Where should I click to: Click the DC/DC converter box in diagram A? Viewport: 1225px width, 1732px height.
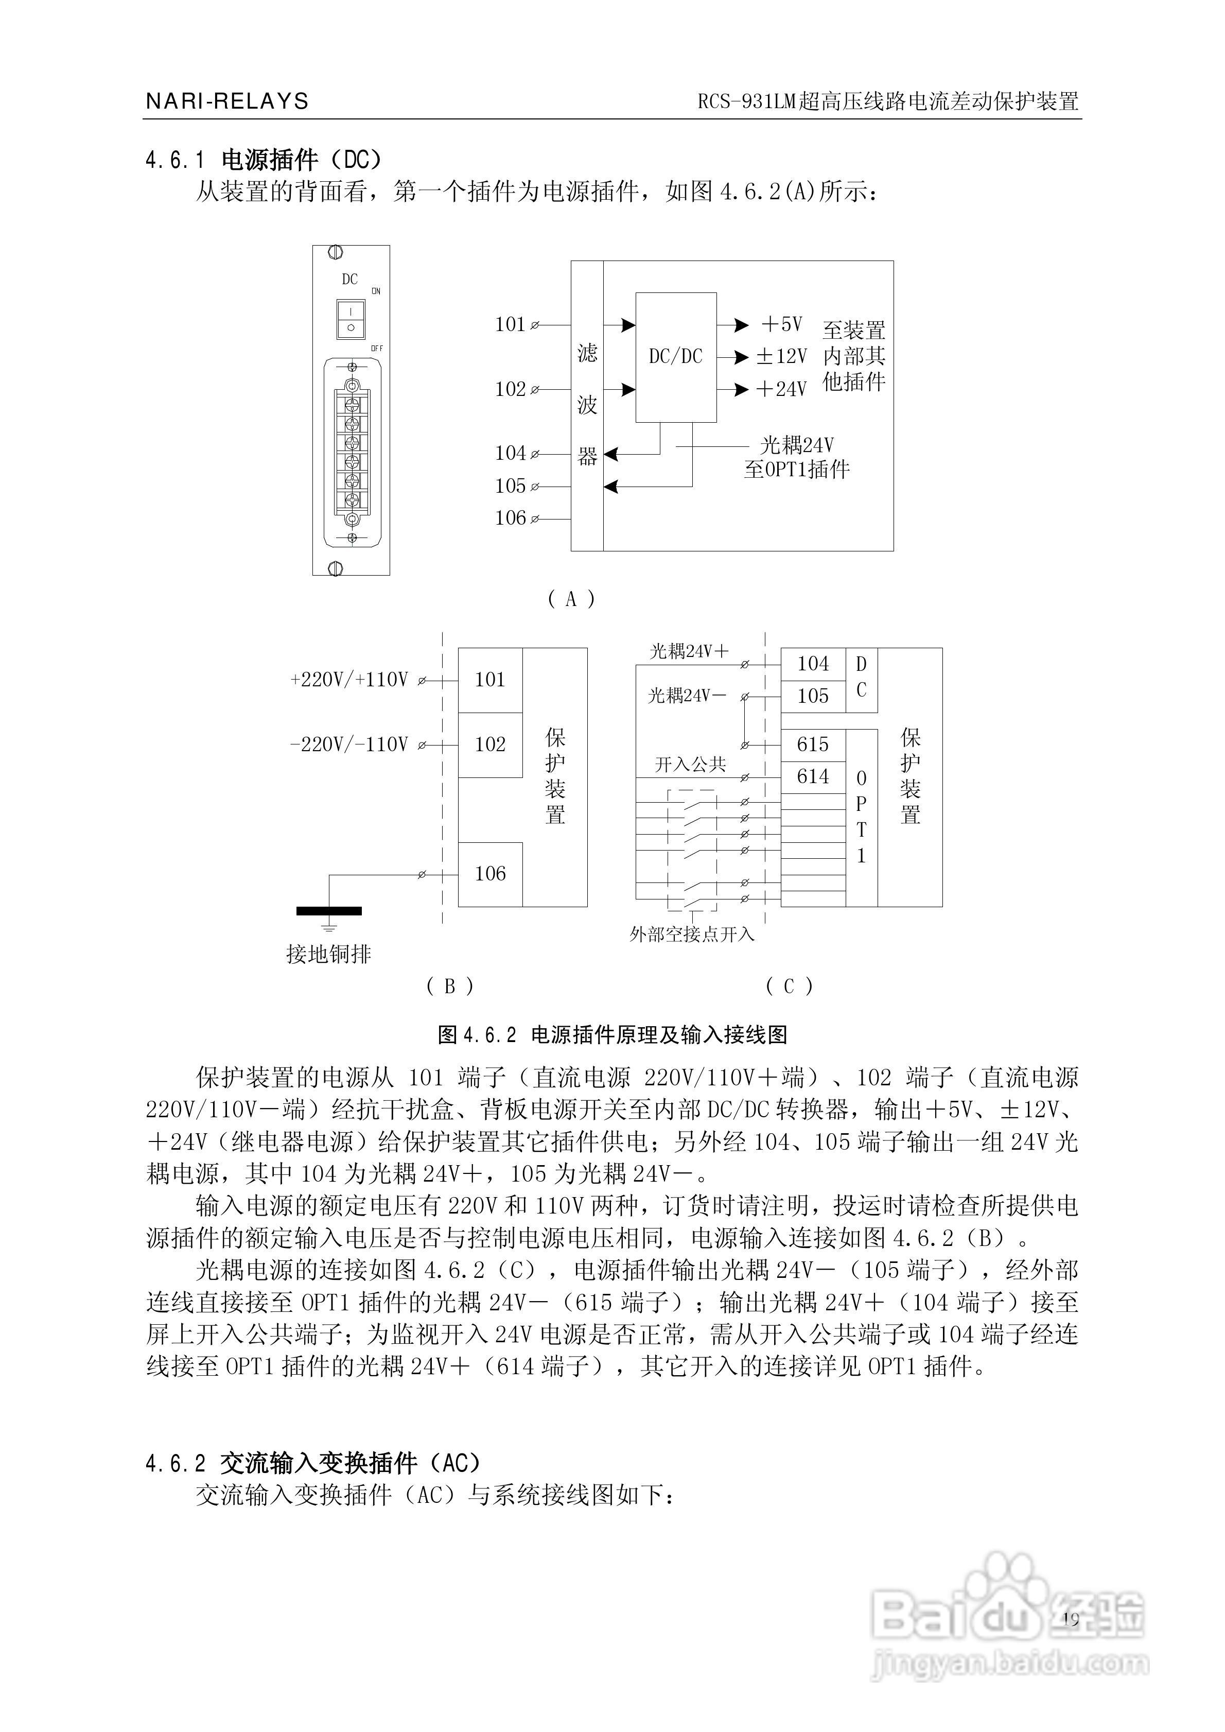pos(676,357)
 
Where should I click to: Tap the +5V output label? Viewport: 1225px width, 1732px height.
pos(781,324)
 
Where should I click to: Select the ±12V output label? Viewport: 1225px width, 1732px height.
pos(781,357)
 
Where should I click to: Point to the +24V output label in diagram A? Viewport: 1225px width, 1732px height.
pos(781,389)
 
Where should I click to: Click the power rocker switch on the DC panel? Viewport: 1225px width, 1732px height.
pos(351,320)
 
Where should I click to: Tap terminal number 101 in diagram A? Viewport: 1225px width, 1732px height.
pos(510,324)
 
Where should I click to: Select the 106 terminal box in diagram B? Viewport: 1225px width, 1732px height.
pos(491,874)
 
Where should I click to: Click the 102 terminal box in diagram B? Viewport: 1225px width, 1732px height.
pos(491,744)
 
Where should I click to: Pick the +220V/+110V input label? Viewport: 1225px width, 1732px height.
pos(349,680)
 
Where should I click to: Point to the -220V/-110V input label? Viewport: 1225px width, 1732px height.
pos(349,744)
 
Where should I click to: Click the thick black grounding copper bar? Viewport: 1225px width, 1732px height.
pos(329,910)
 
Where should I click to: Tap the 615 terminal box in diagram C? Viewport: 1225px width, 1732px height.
pos(813,744)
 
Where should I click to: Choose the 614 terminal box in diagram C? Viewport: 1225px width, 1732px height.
pos(813,777)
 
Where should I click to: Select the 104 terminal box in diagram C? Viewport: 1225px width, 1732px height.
pos(813,664)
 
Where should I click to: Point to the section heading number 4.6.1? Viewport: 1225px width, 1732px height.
pos(175,160)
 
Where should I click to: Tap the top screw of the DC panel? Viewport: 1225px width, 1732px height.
pos(337,253)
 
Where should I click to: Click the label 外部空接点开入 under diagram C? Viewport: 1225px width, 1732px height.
pos(692,934)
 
